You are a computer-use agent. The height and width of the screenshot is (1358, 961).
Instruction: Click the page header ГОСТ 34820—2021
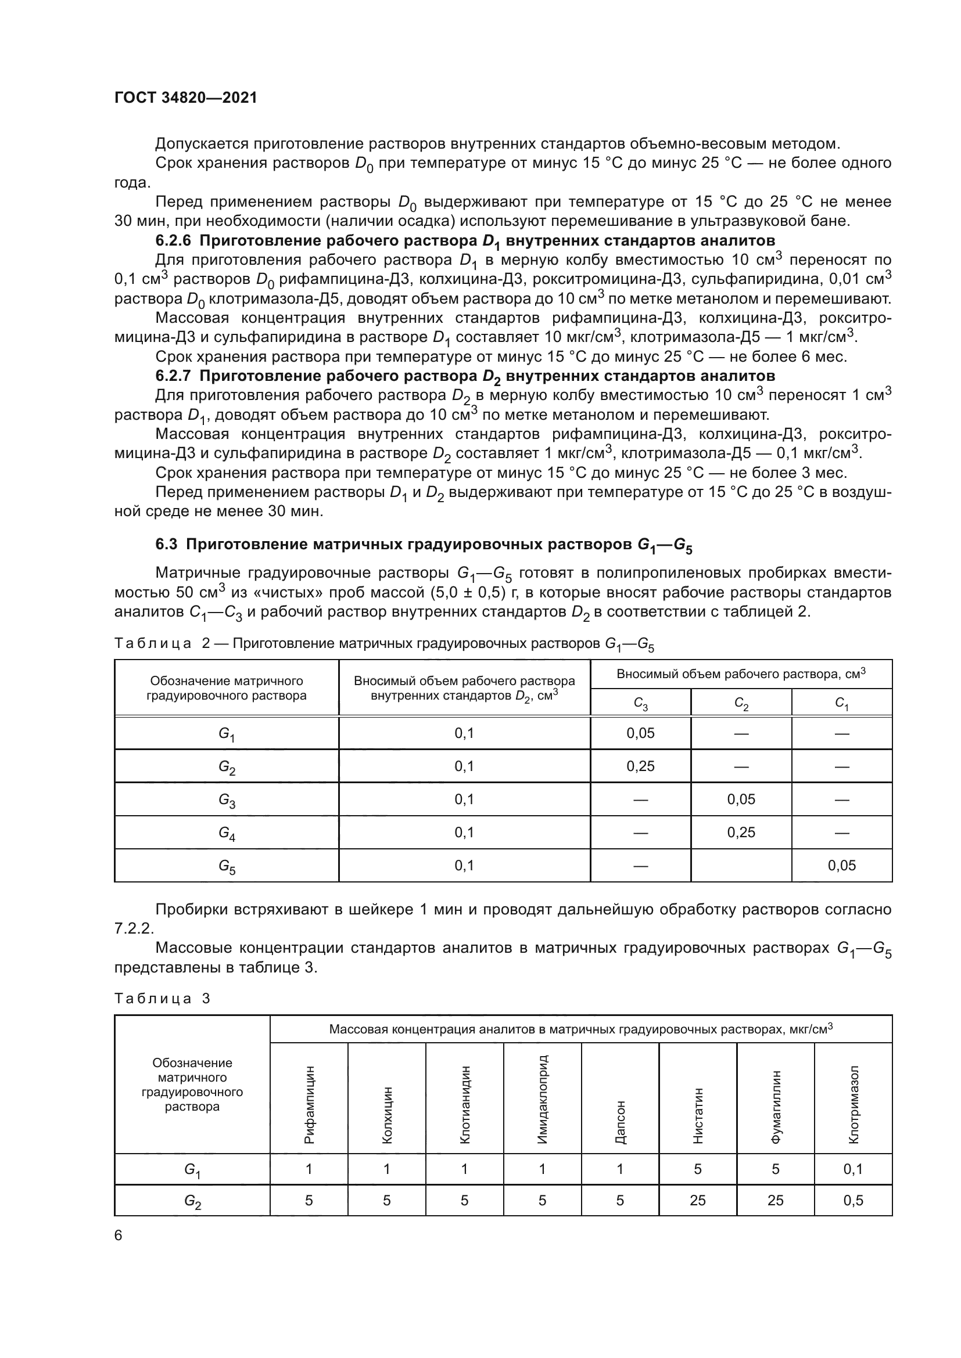pyautogui.click(x=185, y=98)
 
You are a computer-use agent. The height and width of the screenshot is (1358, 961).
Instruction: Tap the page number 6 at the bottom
pyautogui.click(x=119, y=1235)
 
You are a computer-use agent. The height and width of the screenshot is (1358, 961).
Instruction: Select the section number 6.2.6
pyautogui.click(x=173, y=241)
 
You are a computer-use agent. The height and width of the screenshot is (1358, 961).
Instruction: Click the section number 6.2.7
pyautogui.click(x=173, y=376)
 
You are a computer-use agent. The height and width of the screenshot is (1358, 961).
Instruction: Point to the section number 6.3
pyautogui.click(x=166, y=545)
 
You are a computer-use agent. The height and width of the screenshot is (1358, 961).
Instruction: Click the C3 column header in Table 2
pyautogui.click(x=640, y=703)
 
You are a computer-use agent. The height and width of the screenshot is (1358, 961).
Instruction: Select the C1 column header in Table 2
pyautogui.click(x=841, y=703)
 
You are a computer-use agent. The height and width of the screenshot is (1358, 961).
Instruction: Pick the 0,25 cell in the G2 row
pyautogui.click(x=640, y=766)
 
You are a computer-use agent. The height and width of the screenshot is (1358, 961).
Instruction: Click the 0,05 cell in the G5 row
pyautogui.click(x=841, y=865)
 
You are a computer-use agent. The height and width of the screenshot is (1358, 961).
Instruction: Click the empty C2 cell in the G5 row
pyautogui.click(x=741, y=865)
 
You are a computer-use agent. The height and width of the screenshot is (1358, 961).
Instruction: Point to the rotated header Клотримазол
pyautogui.click(x=854, y=1104)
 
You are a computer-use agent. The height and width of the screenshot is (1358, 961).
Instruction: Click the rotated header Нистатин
pyautogui.click(x=698, y=1115)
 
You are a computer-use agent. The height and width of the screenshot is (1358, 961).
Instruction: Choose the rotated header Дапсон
pyautogui.click(x=620, y=1122)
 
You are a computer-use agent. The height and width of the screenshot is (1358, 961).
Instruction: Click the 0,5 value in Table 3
pyautogui.click(x=854, y=1200)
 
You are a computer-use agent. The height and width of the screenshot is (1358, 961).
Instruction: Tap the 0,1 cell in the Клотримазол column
pyautogui.click(x=854, y=1169)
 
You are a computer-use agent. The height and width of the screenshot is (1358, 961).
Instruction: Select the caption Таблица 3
pyautogui.click(x=162, y=999)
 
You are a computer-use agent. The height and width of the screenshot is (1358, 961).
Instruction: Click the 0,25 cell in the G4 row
pyautogui.click(x=741, y=832)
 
